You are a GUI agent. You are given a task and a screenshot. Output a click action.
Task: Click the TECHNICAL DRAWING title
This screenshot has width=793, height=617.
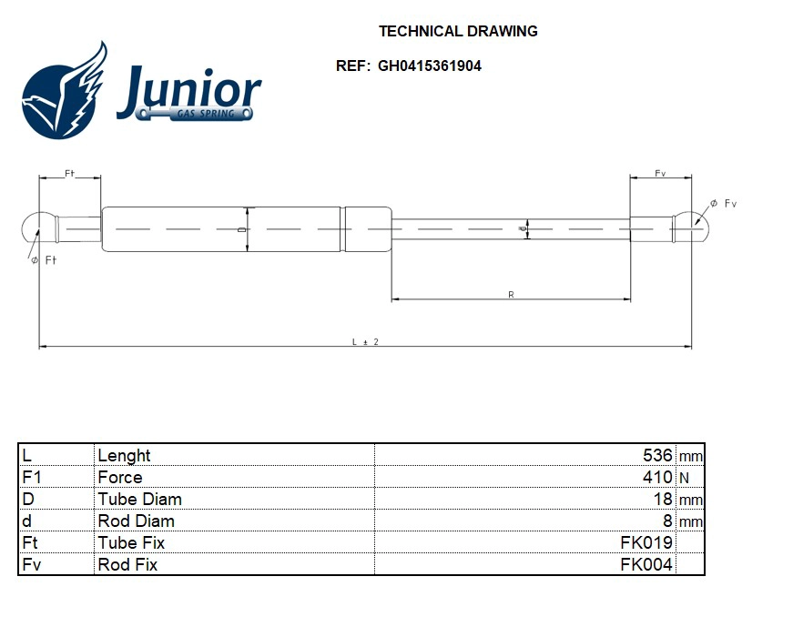click(x=458, y=31)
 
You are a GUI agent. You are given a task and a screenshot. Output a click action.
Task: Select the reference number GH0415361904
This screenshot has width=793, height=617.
click(x=429, y=66)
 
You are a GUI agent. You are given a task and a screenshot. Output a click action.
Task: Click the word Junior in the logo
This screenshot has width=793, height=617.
click(x=189, y=91)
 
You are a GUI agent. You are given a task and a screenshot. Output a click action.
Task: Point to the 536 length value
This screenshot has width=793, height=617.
click(x=656, y=455)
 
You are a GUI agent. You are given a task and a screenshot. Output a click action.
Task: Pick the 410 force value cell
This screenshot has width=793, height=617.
click(x=658, y=477)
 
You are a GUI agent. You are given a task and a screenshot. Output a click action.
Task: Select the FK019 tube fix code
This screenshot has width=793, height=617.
click(x=646, y=542)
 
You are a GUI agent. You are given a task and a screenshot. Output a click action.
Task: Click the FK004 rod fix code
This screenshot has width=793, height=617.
click(x=646, y=564)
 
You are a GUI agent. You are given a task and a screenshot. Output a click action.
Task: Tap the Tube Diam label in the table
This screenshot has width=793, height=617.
click(x=139, y=499)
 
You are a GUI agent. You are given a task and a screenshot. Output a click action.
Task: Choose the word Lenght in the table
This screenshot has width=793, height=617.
click(x=124, y=455)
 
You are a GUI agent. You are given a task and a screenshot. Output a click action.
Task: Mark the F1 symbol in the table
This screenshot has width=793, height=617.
click(x=32, y=477)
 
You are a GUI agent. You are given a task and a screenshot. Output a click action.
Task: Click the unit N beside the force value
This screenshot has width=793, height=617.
click(x=684, y=477)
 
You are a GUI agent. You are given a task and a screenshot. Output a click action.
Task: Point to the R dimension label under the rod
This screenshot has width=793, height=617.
click(x=511, y=295)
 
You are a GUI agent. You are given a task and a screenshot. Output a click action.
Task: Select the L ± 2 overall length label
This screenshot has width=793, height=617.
click(x=364, y=341)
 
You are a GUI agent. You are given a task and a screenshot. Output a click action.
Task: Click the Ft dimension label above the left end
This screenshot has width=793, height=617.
click(x=69, y=174)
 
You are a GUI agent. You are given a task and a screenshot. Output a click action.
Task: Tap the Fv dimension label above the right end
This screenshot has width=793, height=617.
click(x=660, y=174)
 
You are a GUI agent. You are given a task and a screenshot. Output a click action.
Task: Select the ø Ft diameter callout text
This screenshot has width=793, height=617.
click(x=44, y=261)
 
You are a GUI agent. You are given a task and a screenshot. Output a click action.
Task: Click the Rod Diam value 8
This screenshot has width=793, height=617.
click(x=666, y=521)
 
